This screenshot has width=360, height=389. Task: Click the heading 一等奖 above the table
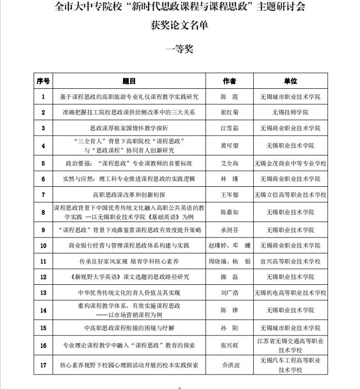coord(179,49)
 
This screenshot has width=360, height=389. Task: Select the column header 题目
coord(129,81)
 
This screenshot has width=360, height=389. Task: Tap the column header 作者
coord(229,81)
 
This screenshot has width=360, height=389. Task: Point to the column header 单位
coord(291,81)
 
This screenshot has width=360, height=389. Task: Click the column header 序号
coord(43,81)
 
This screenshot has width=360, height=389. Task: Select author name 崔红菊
coord(229,112)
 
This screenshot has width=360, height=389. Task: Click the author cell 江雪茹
coord(229,128)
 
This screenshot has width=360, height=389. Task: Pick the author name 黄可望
coord(229,146)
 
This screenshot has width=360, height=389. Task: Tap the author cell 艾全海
coord(229,164)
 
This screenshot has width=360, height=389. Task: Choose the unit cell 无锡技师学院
coord(291,112)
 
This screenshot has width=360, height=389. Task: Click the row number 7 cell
coord(43,195)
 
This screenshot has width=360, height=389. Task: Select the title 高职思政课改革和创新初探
coord(129,195)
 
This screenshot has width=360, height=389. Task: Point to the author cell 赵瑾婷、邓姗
coord(229,246)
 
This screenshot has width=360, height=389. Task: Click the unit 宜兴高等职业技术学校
coord(291,262)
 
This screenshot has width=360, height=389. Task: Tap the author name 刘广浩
coord(229,293)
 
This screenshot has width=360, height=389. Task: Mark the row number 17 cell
coord(43,365)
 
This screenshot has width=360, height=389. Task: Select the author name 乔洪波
coord(229,365)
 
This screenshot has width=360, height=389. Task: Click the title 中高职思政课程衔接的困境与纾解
coord(129,328)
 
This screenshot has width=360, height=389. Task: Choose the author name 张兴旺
coord(229,346)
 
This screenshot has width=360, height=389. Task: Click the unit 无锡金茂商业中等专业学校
coord(291,164)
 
